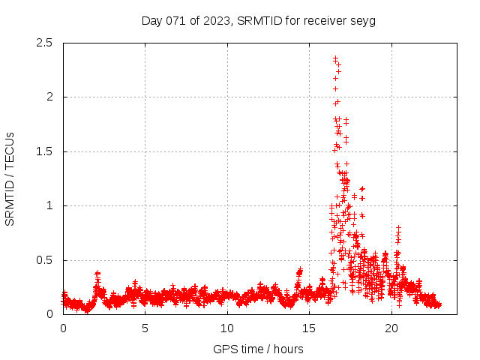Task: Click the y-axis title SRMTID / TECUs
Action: pos(10,178)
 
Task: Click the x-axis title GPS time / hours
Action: pos(258,349)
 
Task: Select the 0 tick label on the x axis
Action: pos(63,328)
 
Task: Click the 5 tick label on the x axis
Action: pos(145,328)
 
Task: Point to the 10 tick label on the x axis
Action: pos(227,328)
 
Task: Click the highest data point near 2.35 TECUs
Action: pos(335,58)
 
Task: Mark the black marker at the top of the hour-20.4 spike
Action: pos(398,227)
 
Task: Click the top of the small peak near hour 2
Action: pos(97,273)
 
